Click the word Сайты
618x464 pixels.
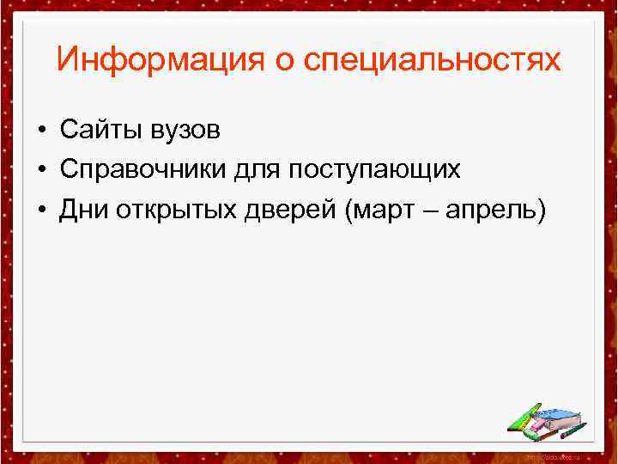coord(95,131)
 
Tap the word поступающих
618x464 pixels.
coord(374,170)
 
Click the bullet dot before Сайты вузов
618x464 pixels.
coord(40,131)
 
